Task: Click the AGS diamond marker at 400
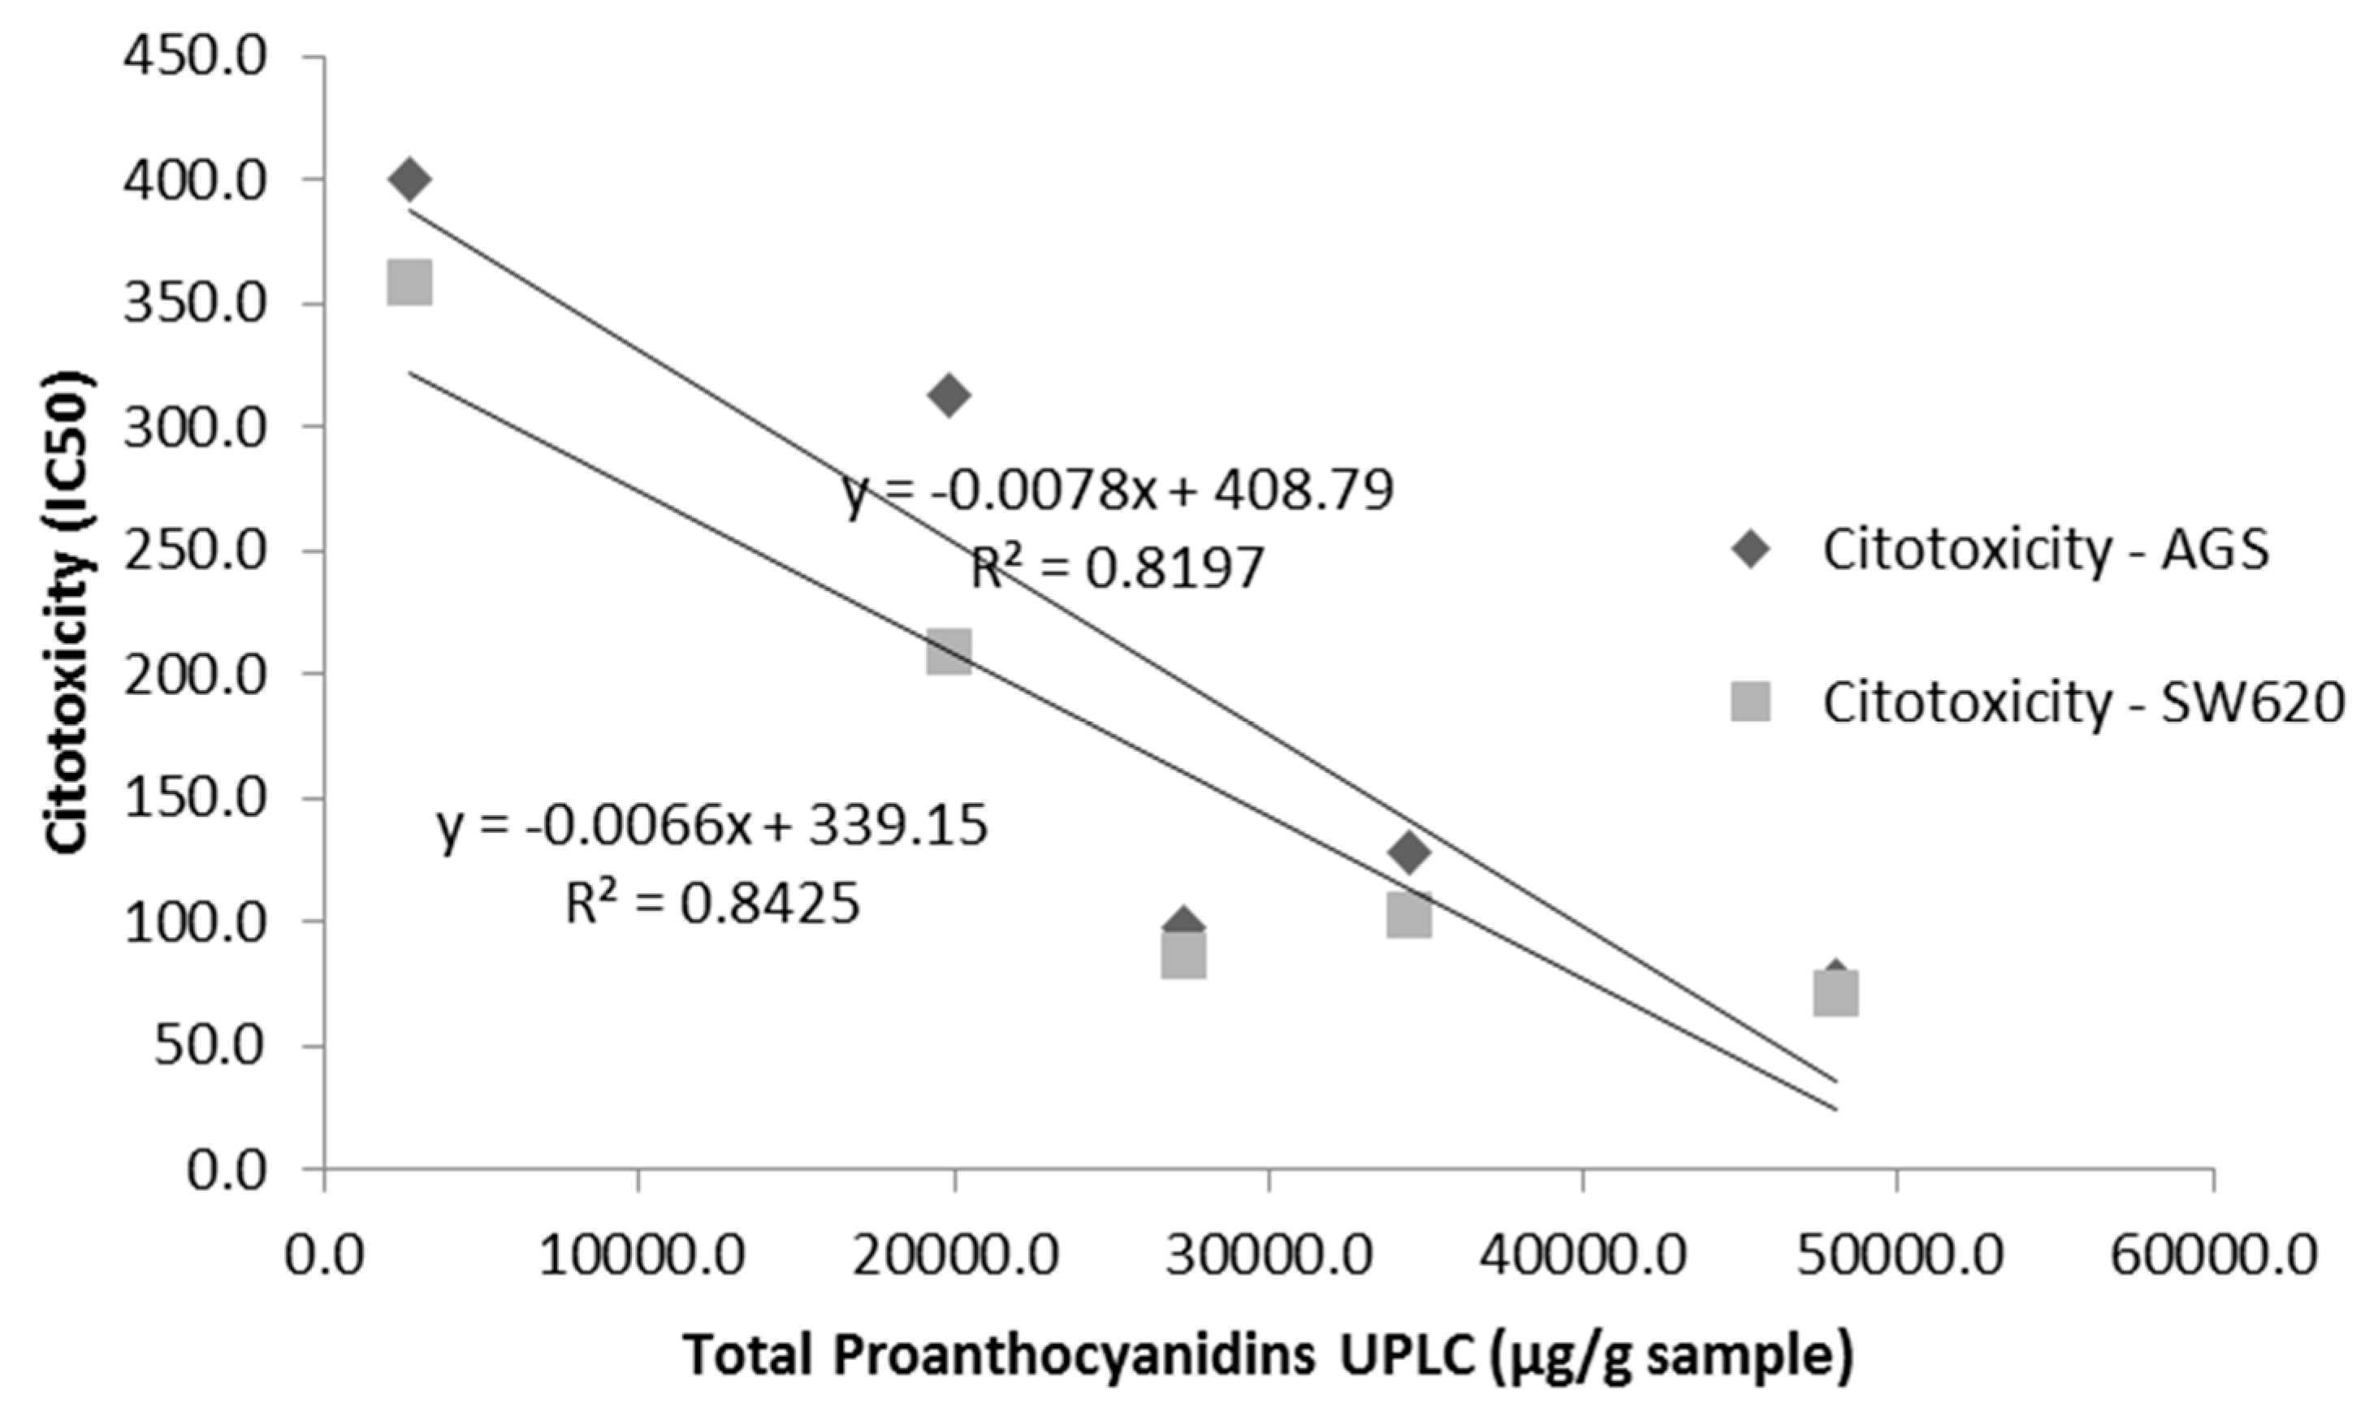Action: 409,179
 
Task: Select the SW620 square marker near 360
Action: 409,283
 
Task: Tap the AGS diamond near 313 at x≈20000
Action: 949,395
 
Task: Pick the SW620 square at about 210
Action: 949,652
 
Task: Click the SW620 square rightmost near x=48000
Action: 1836,994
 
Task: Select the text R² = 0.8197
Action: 1118,569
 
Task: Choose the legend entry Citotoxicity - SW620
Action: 2083,702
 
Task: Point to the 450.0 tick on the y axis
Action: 196,58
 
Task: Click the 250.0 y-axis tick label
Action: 196,551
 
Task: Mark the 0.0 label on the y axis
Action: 227,1172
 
